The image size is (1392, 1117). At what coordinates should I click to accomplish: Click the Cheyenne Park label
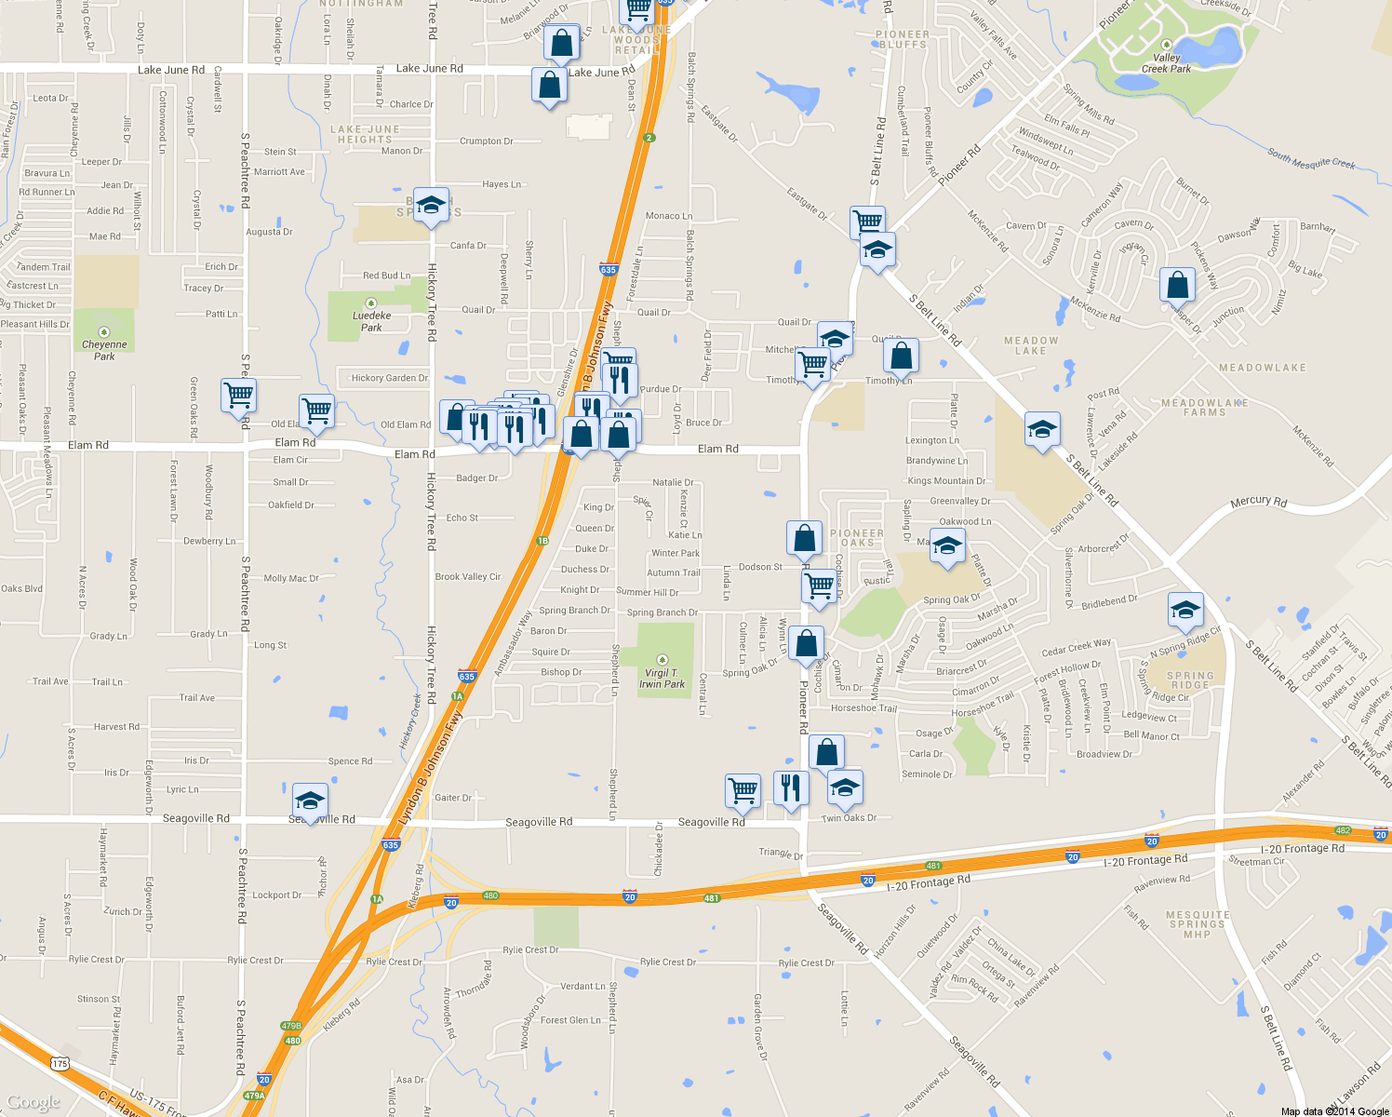104,350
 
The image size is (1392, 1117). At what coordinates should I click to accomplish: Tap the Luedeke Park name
371,321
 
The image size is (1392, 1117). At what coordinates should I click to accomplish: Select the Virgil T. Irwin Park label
662,679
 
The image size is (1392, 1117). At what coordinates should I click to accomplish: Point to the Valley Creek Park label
1166,63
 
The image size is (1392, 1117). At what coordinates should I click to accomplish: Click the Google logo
33,1102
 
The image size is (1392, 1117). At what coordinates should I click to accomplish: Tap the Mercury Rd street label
1258,502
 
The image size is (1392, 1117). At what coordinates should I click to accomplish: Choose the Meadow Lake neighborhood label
1031,345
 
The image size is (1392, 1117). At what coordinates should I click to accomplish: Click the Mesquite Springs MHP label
1197,924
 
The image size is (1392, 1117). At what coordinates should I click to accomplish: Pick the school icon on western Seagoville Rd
310,801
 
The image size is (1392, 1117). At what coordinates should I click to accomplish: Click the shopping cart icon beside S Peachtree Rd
239,395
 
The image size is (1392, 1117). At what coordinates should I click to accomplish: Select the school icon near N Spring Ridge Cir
1185,610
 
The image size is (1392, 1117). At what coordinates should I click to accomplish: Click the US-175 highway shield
60,1063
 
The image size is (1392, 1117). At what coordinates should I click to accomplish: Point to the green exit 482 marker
1342,830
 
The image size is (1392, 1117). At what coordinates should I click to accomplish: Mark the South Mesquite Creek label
1310,160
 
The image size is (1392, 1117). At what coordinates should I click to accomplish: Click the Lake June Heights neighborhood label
365,135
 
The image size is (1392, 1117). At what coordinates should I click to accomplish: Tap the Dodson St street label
760,567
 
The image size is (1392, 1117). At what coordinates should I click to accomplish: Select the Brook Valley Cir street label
468,577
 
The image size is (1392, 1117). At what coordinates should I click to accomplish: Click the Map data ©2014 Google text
1334,1111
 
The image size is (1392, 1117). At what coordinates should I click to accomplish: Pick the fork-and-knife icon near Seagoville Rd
790,787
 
